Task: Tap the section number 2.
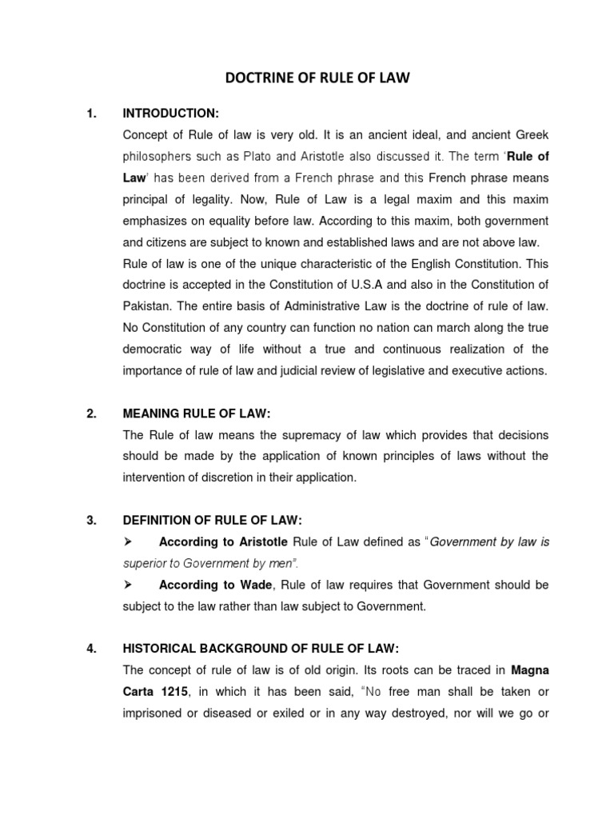(91, 413)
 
